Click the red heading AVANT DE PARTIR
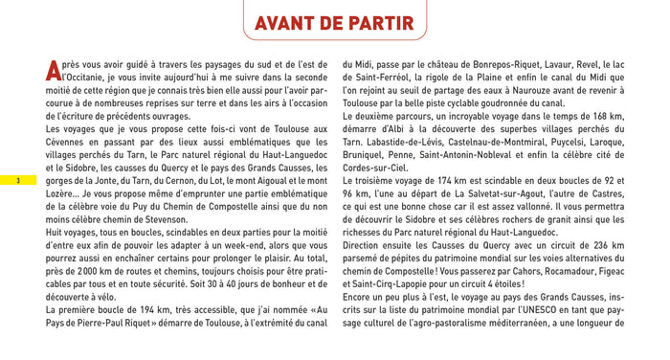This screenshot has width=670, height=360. coord(335,22)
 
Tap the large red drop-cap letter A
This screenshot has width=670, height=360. coord(54,70)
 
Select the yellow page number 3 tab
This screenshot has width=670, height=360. coord(17,183)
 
